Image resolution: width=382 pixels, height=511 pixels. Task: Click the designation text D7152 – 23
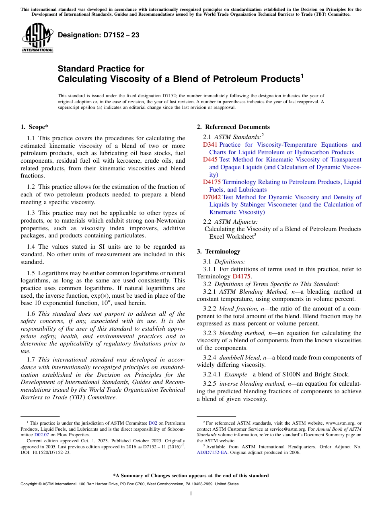pos(99,35)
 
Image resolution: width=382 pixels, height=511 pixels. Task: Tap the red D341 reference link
pos(210,145)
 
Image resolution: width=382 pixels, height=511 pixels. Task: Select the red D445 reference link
pos(210,160)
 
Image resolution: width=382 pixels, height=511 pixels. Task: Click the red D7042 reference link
pos(212,197)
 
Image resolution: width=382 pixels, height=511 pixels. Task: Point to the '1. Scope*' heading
pos(35,127)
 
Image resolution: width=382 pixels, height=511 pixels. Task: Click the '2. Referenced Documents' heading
pos(233,127)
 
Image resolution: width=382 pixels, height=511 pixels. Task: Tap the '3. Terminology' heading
pos(218,251)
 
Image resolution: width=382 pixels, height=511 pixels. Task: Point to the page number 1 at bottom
pos(191,493)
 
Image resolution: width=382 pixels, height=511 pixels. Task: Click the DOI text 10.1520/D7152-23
pos(50,452)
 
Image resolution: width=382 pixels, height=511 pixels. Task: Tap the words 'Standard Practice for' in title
pos(101,69)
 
